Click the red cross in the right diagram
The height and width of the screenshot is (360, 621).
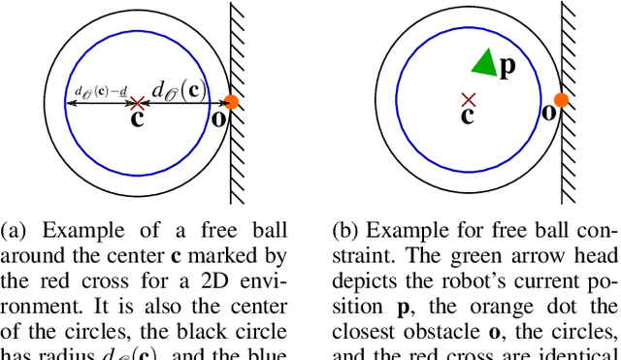coord(469,98)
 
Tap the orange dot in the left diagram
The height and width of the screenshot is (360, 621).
coord(231,102)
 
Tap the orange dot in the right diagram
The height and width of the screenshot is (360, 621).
coord(560,99)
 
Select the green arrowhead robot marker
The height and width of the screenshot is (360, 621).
coord(484,63)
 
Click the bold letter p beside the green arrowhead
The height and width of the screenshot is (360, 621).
coord(506,68)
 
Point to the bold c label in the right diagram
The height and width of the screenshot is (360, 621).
coord(467,115)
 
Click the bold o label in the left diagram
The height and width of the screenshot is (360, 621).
coord(220,118)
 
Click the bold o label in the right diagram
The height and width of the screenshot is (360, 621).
coord(548,112)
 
